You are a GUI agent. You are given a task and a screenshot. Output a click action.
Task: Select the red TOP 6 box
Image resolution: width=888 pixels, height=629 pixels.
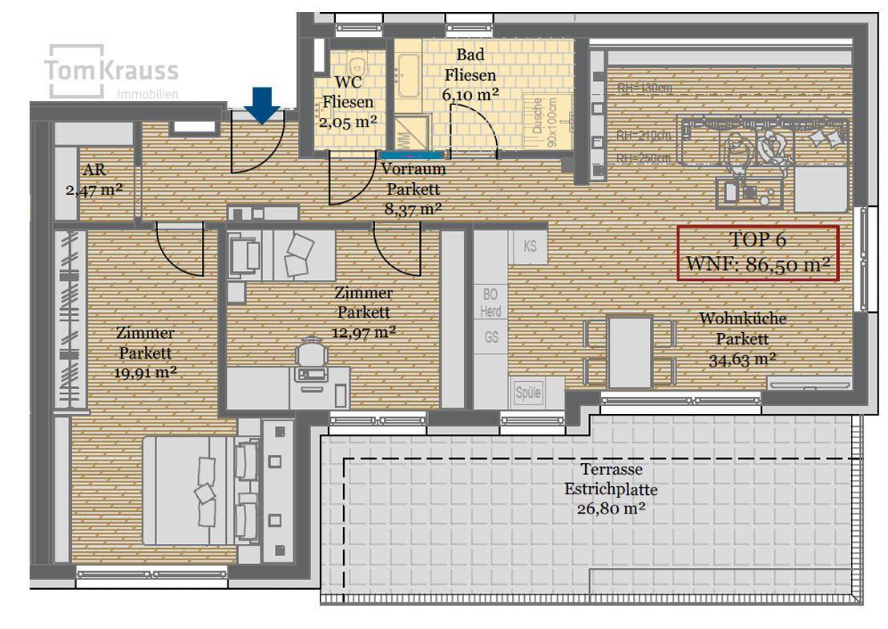click(757, 253)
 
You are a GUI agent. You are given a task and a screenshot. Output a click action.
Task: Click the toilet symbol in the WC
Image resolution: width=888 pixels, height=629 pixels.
click(356, 63)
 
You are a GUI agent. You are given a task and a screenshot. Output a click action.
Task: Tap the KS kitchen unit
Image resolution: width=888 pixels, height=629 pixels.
click(530, 246)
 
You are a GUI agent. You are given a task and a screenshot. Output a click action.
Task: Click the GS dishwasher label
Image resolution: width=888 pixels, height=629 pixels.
click(491, 338)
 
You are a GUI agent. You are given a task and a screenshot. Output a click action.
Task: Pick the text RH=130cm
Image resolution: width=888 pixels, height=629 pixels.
click(645, 88)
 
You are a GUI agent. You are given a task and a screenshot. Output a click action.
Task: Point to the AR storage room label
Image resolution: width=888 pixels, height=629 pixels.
click(94, 171)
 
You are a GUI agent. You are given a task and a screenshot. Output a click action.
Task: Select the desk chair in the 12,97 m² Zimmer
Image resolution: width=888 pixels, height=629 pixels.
click(311, 358)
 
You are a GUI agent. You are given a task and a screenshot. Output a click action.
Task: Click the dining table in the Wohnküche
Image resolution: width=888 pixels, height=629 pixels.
click(630, 351)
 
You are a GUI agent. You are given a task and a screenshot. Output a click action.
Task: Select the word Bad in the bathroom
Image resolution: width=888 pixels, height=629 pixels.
click(470, 56)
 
